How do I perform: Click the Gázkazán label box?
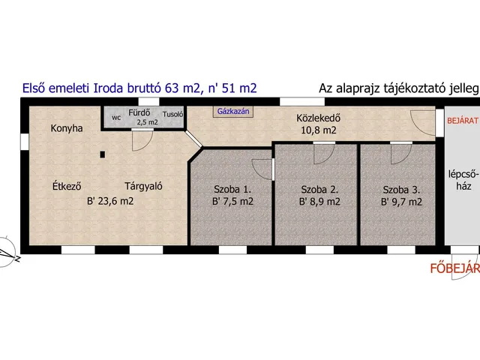(233, 112)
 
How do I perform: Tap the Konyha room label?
(67, 128)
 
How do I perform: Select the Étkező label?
(67, 186)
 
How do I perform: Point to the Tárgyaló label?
(143, 186)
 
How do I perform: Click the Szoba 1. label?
(232, 190)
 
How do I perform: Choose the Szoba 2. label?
(319, 190)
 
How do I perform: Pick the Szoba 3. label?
(401, 190)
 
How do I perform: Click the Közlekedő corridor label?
(318, 118)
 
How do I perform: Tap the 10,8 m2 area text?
(319, 130)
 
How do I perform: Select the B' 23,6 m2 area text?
(110, 202)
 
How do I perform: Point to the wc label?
(116, 118)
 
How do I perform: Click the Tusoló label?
(173, 115)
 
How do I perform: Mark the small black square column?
(103, 154)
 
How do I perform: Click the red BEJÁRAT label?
(463, 121)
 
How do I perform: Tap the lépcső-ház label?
(463, 180)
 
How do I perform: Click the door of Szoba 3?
(401, 153)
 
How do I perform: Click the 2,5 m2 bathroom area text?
(147, 122)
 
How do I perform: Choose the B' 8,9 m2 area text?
(319, 202)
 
